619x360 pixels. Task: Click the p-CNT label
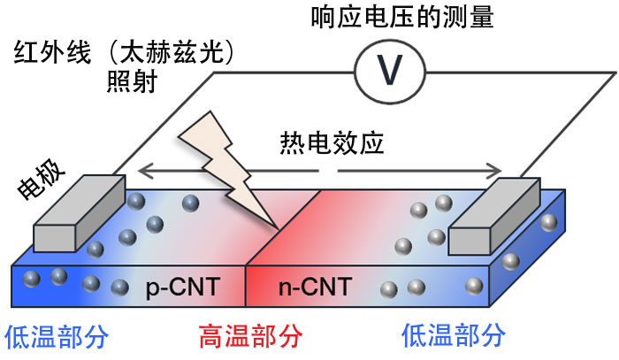tap(182, 287)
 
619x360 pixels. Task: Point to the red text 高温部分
tap(248, 337)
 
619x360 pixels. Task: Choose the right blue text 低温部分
tap(454, 337)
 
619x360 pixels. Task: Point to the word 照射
tap(125, 84)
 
